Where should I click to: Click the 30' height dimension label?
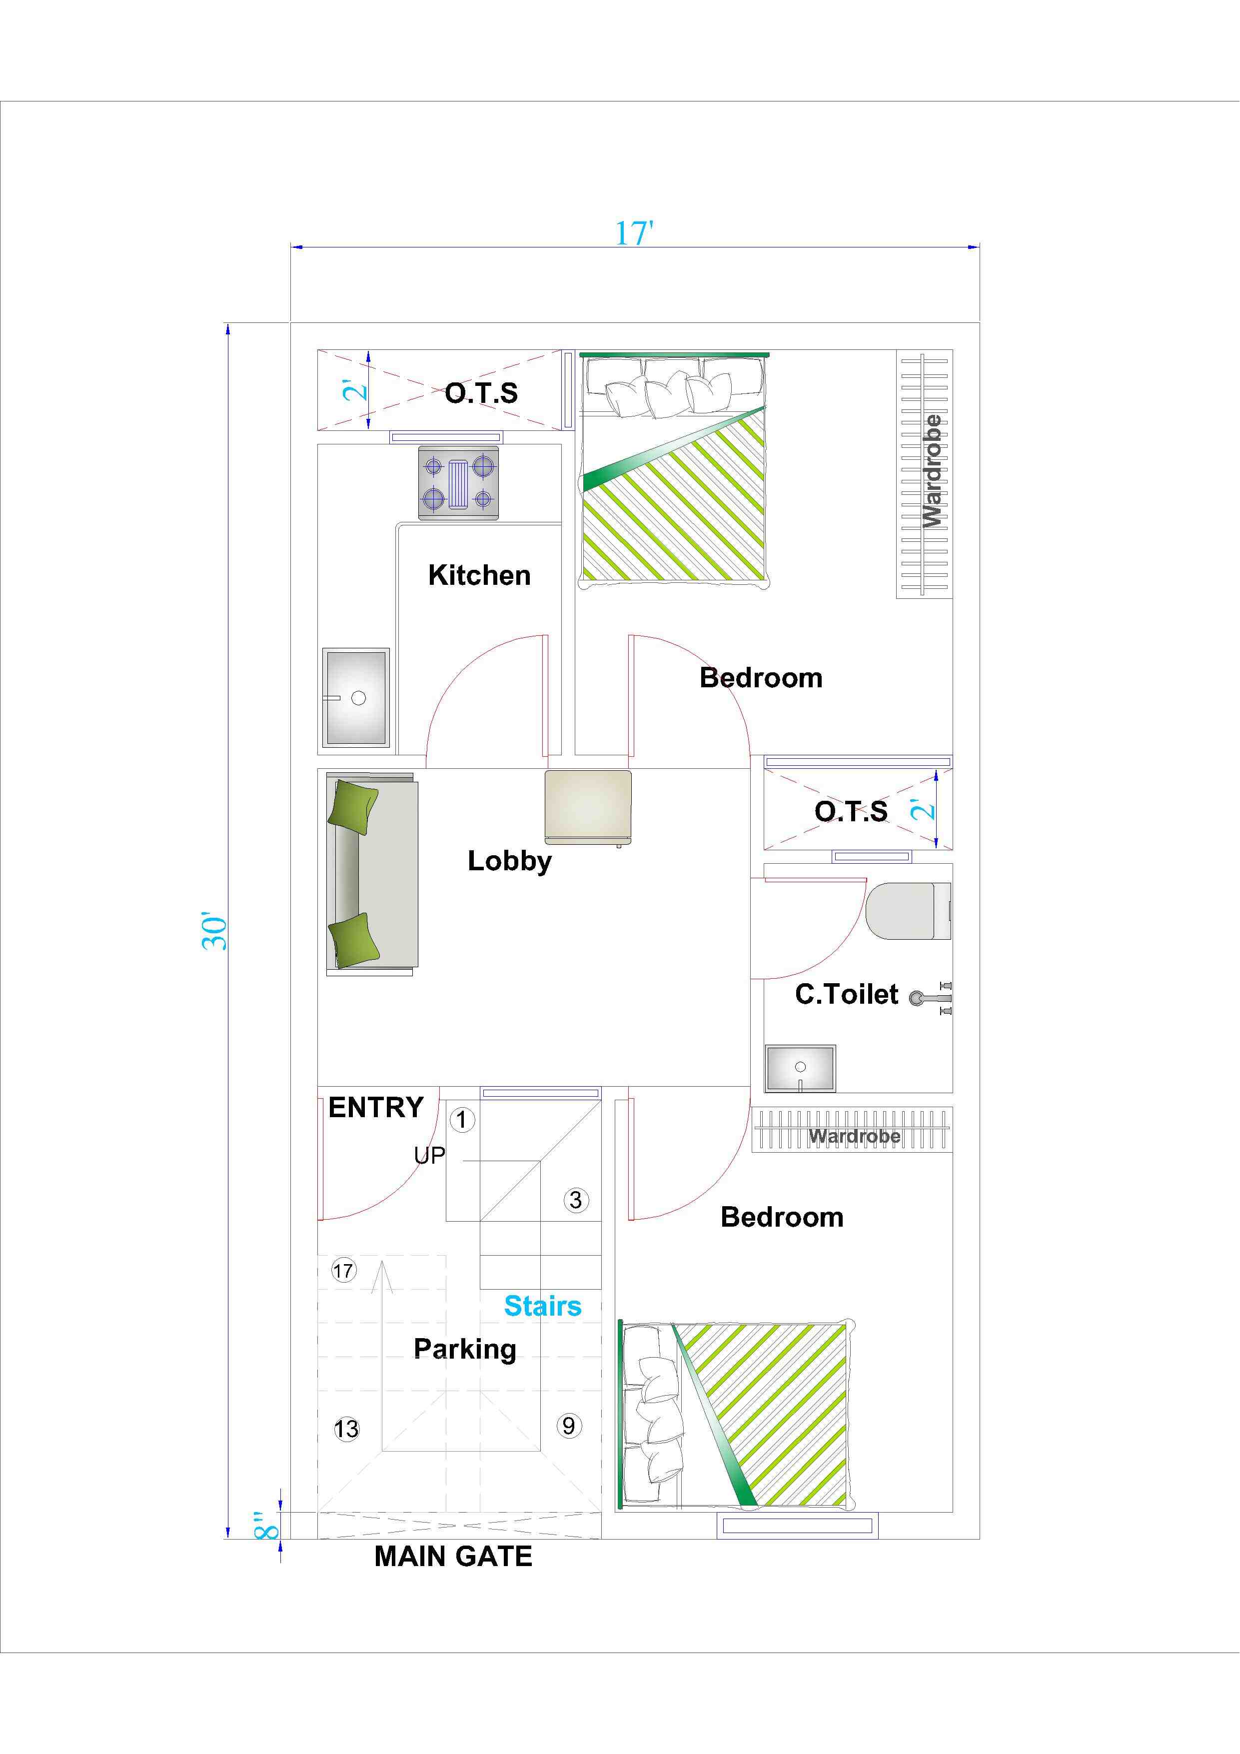pyautogui.click(x=215, y=930)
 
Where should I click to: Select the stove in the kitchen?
pyautogui.click(x=458, y=483)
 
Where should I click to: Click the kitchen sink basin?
pyautogui.click(x=356, y=697)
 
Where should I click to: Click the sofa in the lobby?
pyautogui.click(x=372, y=874)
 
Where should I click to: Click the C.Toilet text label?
pyautogui.click(x=847, y=994)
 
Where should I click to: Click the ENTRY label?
pyautogui.click(x=376, y=1107)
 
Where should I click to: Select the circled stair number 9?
pyautogui.click(x=568, y=1425)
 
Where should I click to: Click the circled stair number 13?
pyautogui.click(x=346, y=1429)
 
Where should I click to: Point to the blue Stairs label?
pyautogui.click(x=542, y=1306)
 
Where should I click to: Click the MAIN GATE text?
pyautogui.click(x=453, y=1556)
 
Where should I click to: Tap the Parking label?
pyautogui.click(x=464, y=1349)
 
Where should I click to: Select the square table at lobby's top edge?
pyautogui.click(x=588, y=807)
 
